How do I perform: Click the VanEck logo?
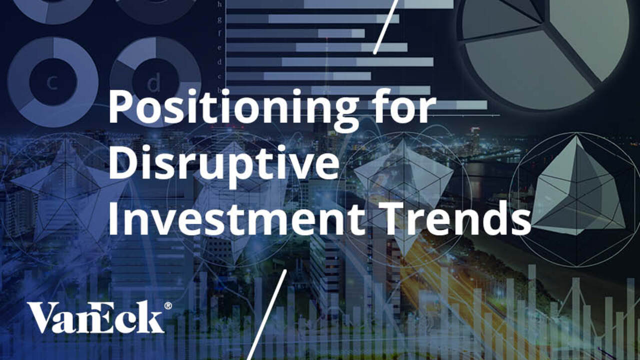point(95,317)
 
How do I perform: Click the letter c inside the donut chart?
point(52,82)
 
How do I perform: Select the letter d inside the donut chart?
point(154,82)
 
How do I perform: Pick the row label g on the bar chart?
point(219,19)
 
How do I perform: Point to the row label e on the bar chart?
point(219,47)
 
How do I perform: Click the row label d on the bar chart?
point(219,62)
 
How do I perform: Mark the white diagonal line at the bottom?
point(267,315)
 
